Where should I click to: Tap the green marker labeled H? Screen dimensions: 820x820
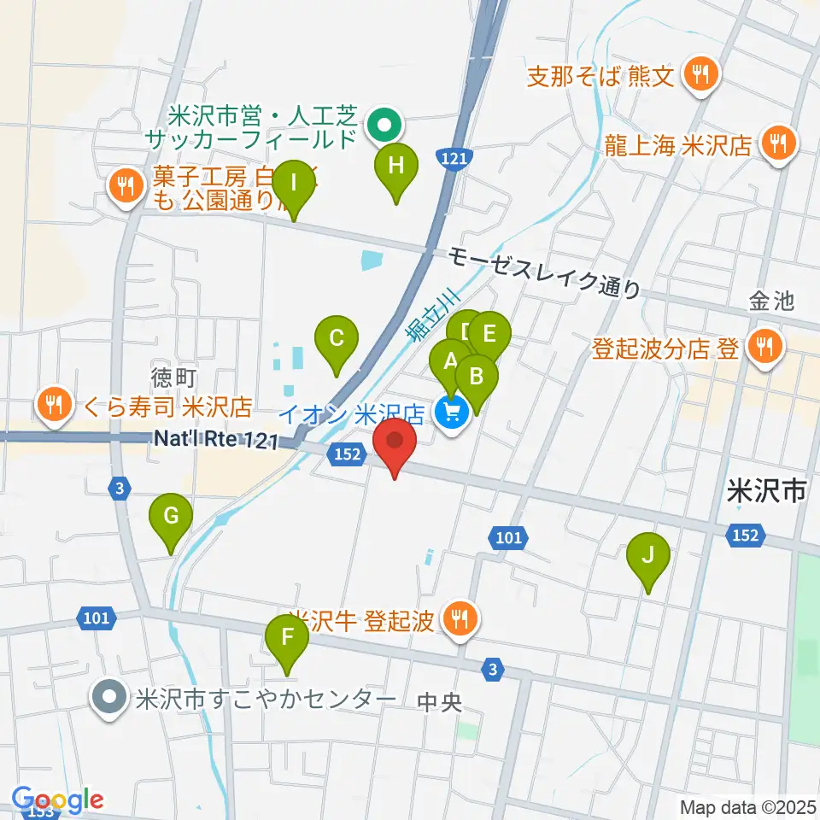pyautogui.click(x=395, y=167)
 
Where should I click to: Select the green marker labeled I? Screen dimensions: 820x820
pyautogui.click(x=293, y=184)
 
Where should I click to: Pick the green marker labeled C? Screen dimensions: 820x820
pyautogui.click(x=337, y=340)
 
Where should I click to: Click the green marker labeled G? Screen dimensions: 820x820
pyautogui.click(x=171, y=518)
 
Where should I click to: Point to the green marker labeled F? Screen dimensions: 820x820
pyautogui.click(x=287, y=639)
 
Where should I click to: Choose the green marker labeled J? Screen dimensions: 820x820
pyautogui.click(x=647, y=557)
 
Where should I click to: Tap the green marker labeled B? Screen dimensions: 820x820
pyautogui.click(x=477, y=378)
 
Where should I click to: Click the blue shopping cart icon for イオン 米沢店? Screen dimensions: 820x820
pyautogui.click(x=451, y=414)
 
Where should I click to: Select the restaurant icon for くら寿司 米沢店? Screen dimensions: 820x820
pyautogui.click(x=56, y=405)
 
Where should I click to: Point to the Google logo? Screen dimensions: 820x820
pyautogui.click(x=58, y=799)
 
